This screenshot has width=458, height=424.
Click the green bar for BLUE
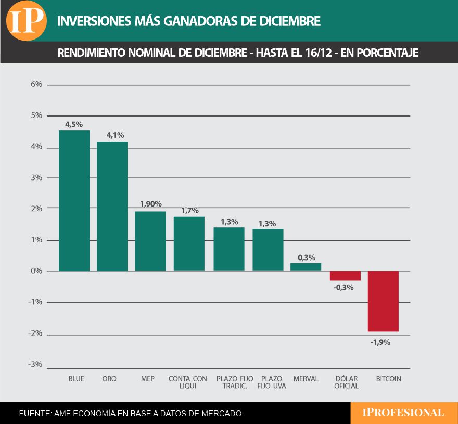click(x=74, y=200)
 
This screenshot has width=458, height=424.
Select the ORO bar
click(x=112, y=206)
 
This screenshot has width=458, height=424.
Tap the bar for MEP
click(x=150, y=241)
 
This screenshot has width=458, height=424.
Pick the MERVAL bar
click(x=306, y=267)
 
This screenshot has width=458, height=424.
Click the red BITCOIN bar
click(x=383, y=301)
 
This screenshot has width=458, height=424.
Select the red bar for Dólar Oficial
click(x=345, y=276)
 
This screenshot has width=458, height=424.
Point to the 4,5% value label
click(x=74, y=124)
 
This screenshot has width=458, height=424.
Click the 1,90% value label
click(x=150, y=204)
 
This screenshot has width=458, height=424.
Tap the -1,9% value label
click(x=380, y=342)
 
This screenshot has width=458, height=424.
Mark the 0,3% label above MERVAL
click(x=306, y=257)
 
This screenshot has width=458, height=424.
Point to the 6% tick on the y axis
click(x=36, y=85)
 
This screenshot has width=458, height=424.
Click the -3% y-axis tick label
click(x=35, y=364)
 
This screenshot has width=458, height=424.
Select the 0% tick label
click(x=36, y=271)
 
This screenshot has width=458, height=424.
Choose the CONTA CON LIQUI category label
click(x=188, y=382)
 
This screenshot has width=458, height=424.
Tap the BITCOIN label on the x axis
click(x=388, y=379)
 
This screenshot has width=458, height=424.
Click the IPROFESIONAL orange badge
click(x=404, y=413)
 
